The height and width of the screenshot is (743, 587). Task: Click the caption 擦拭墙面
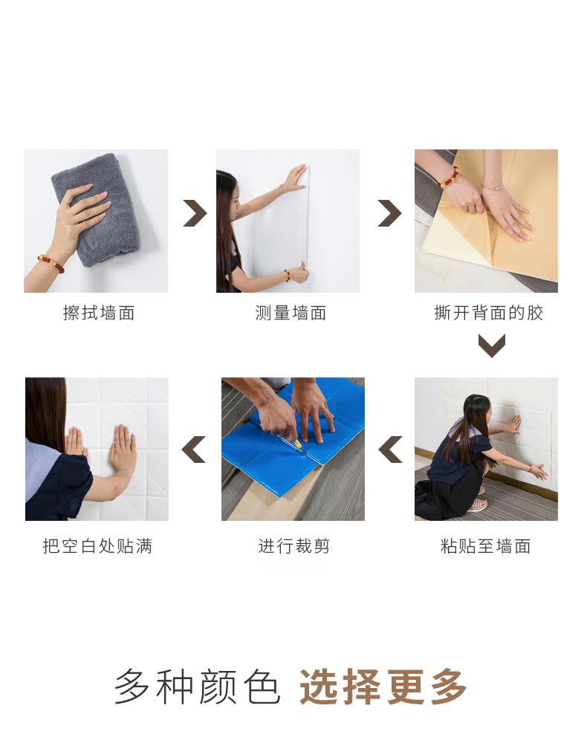click(99, 313)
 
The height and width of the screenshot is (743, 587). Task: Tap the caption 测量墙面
click(291, 313)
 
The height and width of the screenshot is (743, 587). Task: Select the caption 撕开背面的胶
click(488, 313)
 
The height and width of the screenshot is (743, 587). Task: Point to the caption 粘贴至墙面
click(486, 546)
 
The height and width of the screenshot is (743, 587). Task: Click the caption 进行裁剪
click(293, 546)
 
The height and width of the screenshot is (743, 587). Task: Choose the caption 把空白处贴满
click(97, 546)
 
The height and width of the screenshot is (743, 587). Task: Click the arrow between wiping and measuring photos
click(195, 213)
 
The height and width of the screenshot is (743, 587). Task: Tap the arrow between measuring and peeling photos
click(389, 213)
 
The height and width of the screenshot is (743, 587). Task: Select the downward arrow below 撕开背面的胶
click(492, 345)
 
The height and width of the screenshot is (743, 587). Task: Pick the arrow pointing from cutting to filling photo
click(193, 450)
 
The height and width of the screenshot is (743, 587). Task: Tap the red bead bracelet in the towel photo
click(51, 264)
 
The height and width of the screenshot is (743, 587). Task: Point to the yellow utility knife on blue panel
click(295, 443)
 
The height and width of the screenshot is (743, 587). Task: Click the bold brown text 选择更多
click(383, 687)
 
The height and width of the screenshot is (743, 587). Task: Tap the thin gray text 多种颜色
click(197, 687)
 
